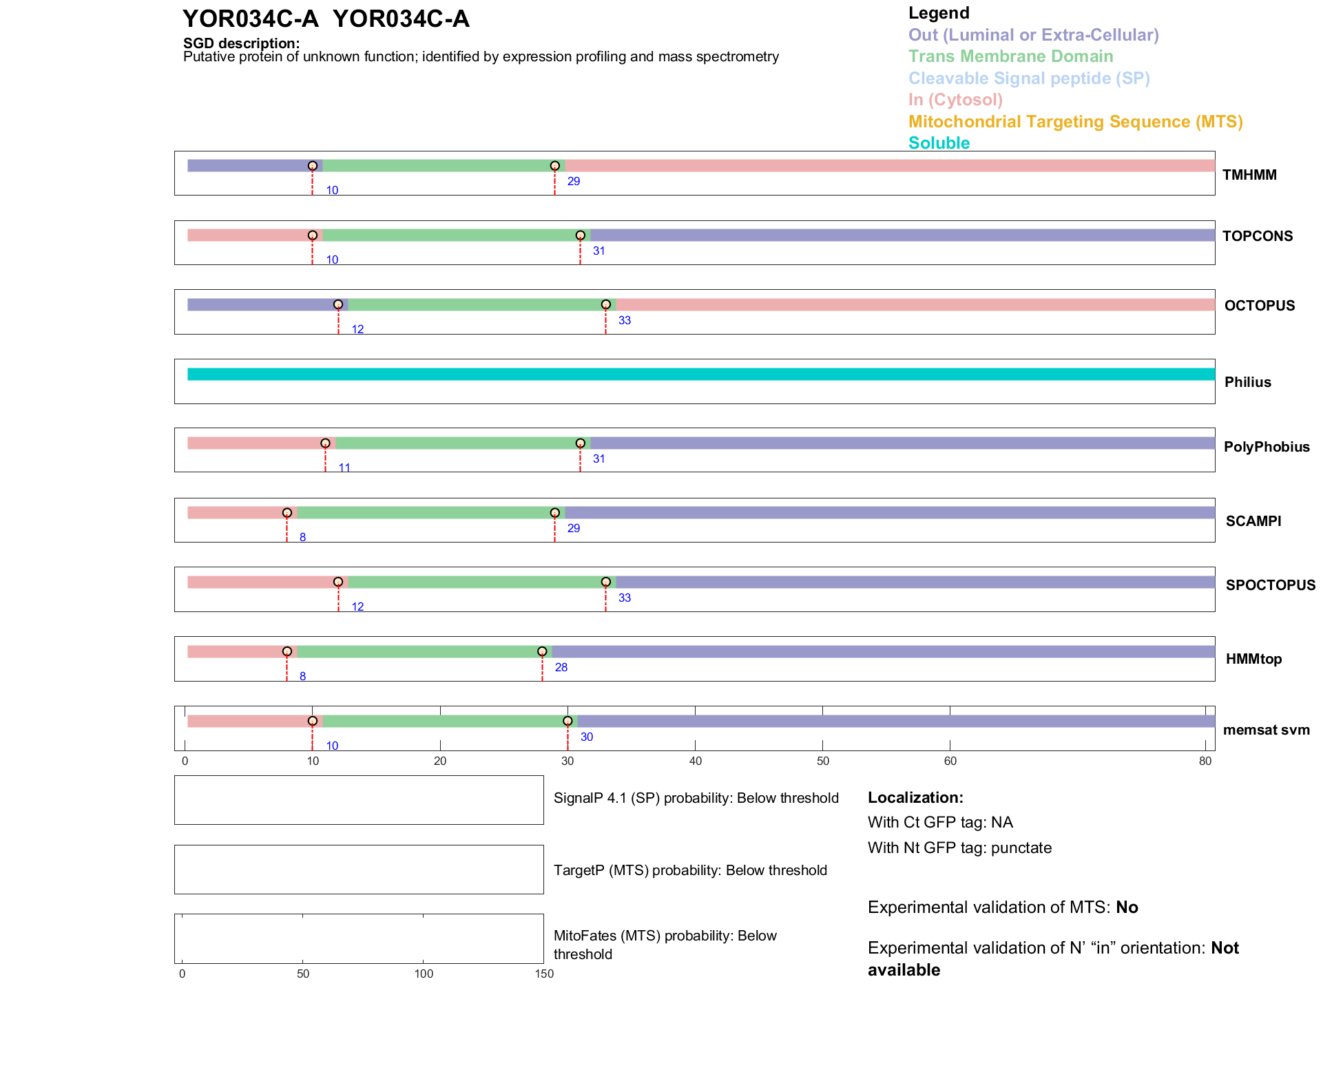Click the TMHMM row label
tap(1249, 175)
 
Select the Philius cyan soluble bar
tap(700, 374)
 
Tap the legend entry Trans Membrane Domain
tap(1010, 56)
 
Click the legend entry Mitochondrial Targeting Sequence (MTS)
tap(1075, 122)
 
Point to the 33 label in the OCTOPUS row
tap(624, 321)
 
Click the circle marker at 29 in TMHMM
tap(554, 166)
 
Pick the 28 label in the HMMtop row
tap(561, 668)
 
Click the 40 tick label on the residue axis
tap(695, 761)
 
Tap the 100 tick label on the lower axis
tap(424, 974)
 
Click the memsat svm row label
tap(1266, 730)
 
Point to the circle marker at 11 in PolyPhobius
tap(325, 443)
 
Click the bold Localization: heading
tap(915, 798)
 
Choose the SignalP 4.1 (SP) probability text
tap(696, 799)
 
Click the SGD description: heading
tap(241, 43)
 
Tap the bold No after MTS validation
tap(1127, 907)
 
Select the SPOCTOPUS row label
tap(1270, 586)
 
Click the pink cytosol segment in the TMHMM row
tap(888, 166)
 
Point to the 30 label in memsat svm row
tap(586, 737)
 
